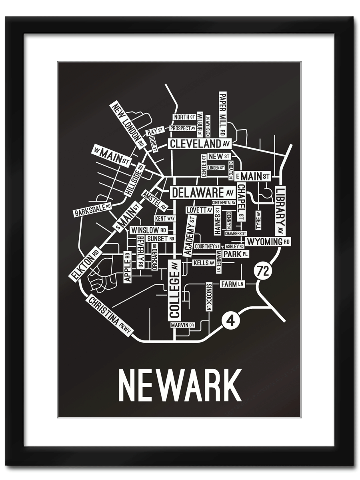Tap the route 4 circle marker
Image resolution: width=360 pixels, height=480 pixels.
[x=229, y=321]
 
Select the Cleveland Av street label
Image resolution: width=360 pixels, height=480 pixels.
[x=200, y=144]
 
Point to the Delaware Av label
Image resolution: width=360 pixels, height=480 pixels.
[x=203, y=192]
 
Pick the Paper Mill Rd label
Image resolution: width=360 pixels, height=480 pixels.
[x=222, y=114]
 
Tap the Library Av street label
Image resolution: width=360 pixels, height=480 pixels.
[x=280, y=211]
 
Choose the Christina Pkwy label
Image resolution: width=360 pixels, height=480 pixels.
[x=110, y=316]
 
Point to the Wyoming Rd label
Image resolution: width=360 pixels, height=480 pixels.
[x=268, y=242]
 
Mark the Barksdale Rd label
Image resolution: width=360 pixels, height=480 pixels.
[x=92, y=209]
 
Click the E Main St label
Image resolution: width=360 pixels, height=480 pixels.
[x=253, y=176]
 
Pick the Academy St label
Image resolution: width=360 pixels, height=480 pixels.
[x=189, y=236]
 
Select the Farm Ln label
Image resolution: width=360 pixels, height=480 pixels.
[x=232, y=284]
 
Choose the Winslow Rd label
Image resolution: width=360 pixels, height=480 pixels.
[x=148, y=230]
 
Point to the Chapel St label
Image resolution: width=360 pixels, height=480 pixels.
[x=241, y=202]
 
